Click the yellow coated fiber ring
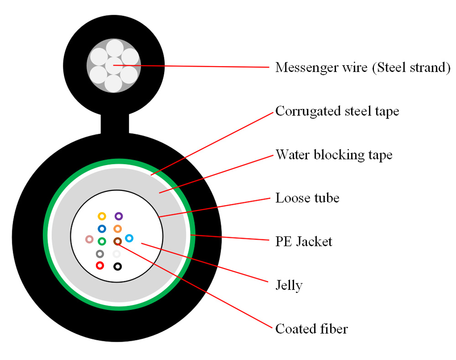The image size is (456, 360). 102,216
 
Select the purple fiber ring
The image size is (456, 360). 119,216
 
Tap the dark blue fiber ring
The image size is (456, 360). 102,229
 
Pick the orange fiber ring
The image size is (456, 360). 118,229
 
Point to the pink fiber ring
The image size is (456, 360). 89,239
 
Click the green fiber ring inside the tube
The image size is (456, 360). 102,241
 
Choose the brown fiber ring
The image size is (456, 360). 117,241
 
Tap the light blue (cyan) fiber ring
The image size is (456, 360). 129,238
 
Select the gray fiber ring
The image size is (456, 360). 100,254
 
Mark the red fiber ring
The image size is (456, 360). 100,265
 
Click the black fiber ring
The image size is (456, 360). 118,267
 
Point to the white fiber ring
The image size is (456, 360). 117,254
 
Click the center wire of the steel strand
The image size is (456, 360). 114,66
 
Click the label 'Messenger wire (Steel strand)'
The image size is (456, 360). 363,68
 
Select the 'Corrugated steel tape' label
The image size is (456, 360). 337,111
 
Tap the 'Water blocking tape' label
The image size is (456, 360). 334,154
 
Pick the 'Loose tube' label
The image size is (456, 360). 307,198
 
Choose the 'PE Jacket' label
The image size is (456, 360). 304,242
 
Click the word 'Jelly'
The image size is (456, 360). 289,285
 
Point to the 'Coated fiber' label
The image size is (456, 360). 311,329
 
